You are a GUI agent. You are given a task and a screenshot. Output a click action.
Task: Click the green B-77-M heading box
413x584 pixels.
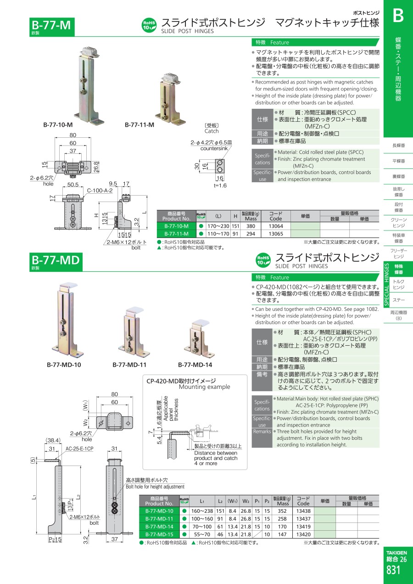click(x=52, y=27)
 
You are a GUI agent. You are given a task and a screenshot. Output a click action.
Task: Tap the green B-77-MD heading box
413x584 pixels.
click(x=56, y=262)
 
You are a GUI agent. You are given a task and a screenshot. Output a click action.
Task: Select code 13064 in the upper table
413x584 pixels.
click(x=276, y=226)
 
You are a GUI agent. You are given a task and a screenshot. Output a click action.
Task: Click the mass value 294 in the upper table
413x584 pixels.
click(x=251, y=234)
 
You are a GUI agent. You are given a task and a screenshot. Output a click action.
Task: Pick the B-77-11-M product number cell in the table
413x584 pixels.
click(x=176, y=234)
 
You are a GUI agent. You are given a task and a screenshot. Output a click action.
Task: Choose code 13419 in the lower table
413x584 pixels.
click(x=303, y=527)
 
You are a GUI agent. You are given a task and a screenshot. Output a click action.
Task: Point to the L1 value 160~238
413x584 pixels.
click(x=202, y=511)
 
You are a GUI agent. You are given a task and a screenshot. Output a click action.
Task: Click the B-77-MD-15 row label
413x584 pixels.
click(x=159, y=534)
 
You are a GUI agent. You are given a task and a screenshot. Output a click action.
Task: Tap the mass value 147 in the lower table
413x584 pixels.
click(x=282, y=534)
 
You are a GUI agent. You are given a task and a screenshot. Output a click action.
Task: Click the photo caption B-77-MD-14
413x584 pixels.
click(x=195, y=365)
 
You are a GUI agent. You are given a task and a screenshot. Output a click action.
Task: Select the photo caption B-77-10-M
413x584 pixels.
click(x=58, y=124)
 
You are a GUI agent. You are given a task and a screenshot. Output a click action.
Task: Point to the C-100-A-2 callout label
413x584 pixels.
click(x=100, y=191)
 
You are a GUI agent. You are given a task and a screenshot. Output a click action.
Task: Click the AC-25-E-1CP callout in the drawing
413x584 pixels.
click(x=79, y=449)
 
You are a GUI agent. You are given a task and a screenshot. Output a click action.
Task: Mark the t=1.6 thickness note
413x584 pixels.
click(x=220, y=185)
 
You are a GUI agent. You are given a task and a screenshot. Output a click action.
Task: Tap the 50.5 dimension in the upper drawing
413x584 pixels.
click(x=73, y=184)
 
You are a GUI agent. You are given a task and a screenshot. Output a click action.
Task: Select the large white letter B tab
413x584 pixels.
click(x=398, y=16)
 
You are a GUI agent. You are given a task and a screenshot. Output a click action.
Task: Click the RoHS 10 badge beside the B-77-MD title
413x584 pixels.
click(x=263, y=260)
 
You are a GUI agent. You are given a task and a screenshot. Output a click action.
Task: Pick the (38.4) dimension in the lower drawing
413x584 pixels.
click(x=53, y=440)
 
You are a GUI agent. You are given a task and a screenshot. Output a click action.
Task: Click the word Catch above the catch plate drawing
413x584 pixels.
click(x=212, y=131)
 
